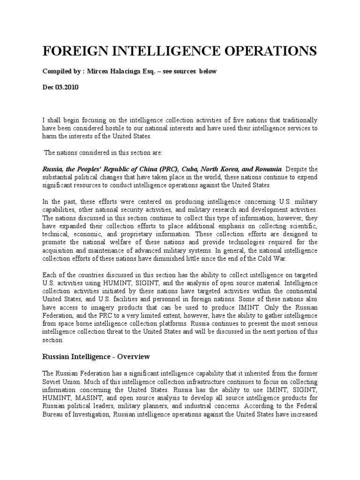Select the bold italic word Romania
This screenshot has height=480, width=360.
pyautogui.click(x=266, y=168)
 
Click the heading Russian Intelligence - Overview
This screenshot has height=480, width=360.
pyautogui.click(x=96, y=357)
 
